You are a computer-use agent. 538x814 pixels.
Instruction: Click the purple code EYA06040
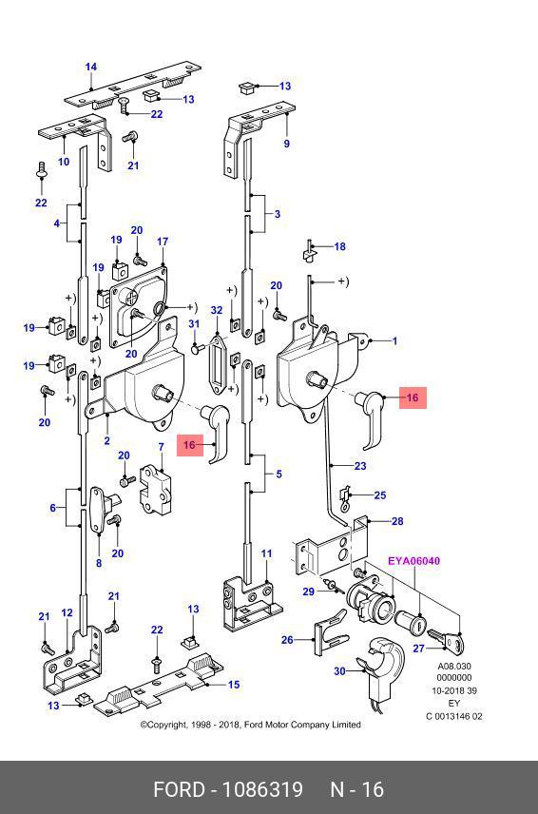pos(414,561)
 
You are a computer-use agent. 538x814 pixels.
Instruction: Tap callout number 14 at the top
pos(91,67)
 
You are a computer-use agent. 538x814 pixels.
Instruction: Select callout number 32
pos(217,310)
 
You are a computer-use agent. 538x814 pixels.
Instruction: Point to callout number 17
pos(163,242)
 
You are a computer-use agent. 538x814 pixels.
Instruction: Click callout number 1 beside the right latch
pos(394,341)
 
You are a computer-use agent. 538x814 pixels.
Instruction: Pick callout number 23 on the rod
pos(360,466)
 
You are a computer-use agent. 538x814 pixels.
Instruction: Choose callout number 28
pos(397,521)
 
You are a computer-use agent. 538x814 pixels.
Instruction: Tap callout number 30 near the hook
pos(339,671)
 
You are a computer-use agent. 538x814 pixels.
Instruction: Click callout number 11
pos(266,553)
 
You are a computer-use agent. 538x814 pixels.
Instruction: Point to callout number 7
pos(161,446)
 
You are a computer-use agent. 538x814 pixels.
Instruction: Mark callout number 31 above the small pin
pos(194,324)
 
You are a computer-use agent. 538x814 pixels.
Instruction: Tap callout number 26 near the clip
pos(287,640)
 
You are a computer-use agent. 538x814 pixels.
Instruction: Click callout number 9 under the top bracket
pos(286,144)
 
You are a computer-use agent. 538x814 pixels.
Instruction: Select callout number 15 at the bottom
pos(234,685)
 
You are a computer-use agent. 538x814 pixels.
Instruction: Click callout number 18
pos(339,246)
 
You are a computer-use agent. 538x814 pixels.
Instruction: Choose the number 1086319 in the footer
pos(262,789)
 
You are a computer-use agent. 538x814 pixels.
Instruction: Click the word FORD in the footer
pos(179,789)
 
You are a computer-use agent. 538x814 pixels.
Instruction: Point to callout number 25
pos(380,495)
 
